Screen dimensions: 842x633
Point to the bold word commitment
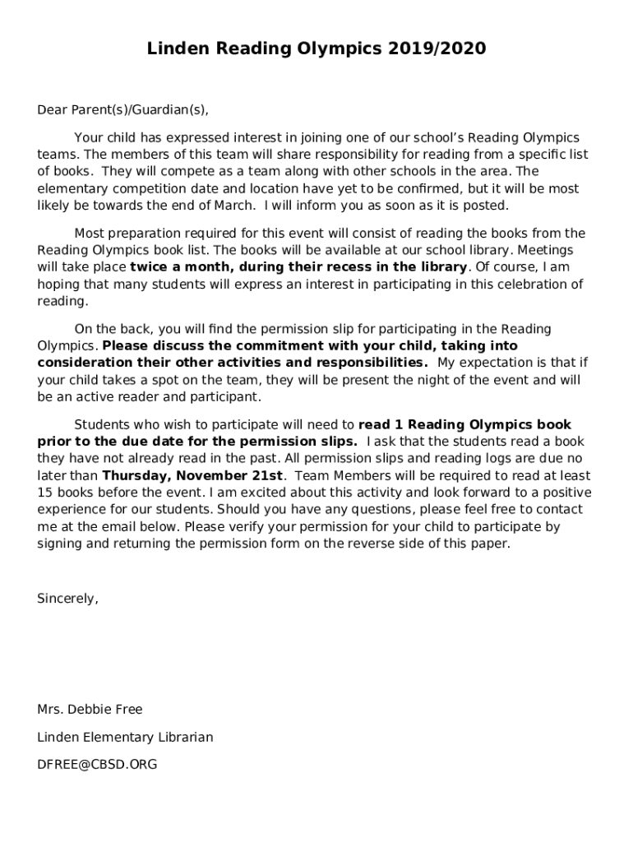261,346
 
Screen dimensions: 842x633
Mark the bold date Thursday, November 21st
192,476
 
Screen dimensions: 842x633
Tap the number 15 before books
45,493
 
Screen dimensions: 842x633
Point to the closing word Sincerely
67,599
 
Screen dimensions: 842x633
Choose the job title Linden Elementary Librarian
125,737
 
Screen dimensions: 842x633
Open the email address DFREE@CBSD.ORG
97,765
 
